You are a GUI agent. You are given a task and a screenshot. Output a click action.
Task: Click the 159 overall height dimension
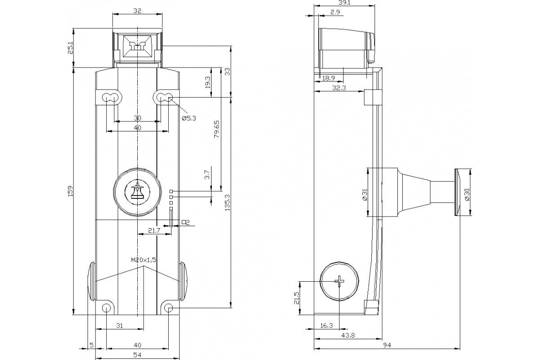[x=70, y=191]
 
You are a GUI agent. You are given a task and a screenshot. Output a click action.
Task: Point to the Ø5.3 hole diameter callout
[x=189, y=118]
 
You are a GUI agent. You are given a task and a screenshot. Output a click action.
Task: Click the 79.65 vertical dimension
[x=216, y=129]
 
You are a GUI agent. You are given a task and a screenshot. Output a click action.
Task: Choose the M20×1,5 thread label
[x=143, y=260]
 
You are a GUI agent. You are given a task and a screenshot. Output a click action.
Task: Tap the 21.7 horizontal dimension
[x=154, y=231]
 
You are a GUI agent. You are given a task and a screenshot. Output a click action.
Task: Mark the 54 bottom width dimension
[x=137, y=355]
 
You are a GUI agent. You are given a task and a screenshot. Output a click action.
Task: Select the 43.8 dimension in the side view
[x=347, y=335]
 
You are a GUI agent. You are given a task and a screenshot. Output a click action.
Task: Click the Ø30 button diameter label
[x=468, y=194]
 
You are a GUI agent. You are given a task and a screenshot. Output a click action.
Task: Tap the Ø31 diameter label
[x=364, y=194]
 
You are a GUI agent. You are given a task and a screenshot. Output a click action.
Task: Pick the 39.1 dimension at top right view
[x=344, y=3]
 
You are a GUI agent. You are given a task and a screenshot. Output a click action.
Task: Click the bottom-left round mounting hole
[x=106, y=308]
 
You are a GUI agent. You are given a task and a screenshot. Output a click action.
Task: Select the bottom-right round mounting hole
[x=169, y=308]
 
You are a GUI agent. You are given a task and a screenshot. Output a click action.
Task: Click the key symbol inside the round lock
[x=136, y=192]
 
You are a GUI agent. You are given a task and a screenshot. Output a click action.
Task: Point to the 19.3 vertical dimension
[x=208, y=81]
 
